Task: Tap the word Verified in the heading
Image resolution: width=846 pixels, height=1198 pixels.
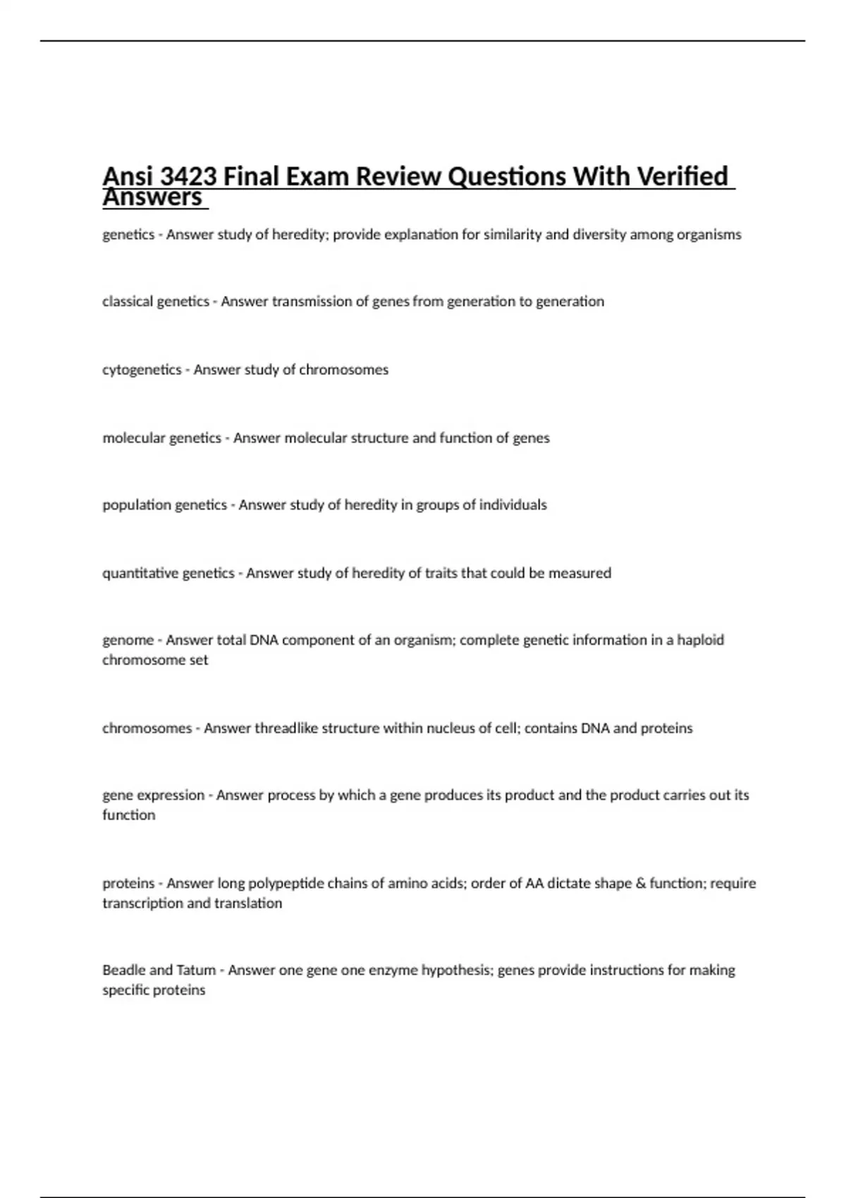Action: (682, 176)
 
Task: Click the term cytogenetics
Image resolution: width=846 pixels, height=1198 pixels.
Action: (142, 370)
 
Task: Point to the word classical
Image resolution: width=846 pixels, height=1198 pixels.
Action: (127, 302)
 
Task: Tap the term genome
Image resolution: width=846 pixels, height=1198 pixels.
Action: (128, 641)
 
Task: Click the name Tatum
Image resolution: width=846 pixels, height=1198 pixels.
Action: (197, 970)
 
